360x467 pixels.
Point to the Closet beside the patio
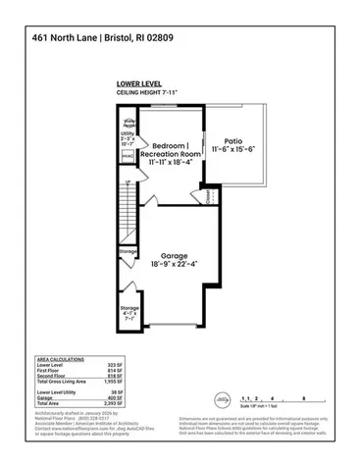click(x=210, y=196)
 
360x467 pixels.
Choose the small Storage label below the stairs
click(x=129, y=251)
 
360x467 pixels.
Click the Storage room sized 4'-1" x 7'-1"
click(x=129, y=311)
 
